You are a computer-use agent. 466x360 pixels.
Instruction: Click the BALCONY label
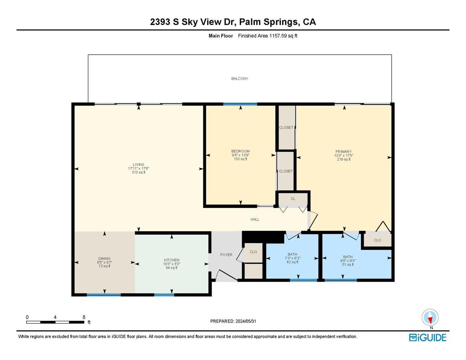(239, 78)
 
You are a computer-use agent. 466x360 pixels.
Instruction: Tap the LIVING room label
(138, 164)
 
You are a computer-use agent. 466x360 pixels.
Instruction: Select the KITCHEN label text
(172, 260)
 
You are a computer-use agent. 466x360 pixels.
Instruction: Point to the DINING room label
(104, 259)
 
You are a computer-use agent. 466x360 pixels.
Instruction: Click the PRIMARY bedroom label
(343, 152)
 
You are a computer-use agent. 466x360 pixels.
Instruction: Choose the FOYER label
(226, 255)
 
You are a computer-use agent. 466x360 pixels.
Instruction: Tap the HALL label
(255, 219)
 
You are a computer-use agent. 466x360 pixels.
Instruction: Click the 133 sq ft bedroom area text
(240, 159)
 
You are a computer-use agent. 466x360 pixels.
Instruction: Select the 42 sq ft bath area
(293, 262)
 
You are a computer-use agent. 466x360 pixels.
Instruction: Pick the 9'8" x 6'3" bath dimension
(348, 260)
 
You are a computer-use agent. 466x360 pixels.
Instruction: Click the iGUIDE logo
(428, 337)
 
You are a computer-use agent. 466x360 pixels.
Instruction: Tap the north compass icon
(430, 318)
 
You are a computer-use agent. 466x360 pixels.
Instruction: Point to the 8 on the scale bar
(84, 317)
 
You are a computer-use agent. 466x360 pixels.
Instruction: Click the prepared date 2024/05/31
(245, 321)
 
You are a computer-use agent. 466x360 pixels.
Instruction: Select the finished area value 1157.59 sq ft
(283, 35)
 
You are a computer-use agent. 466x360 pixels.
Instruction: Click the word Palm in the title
(249, 22)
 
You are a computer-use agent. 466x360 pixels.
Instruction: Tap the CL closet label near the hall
(293, 198)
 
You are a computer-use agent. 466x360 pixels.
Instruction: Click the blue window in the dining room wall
(104, 294)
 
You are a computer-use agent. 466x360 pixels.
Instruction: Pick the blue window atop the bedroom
(240, 104)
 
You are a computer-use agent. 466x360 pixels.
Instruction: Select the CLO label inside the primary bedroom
(377, 240)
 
